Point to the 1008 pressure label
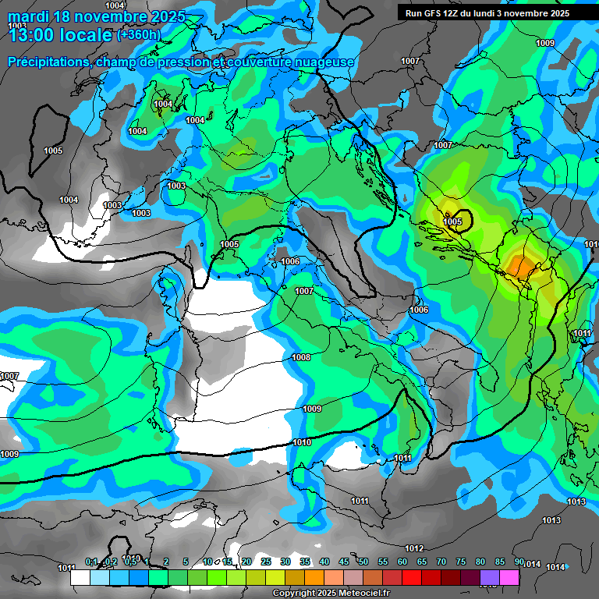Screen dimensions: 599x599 301,357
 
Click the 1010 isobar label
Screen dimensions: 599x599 303,442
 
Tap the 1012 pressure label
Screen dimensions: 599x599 414,548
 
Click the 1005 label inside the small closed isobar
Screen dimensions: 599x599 452,222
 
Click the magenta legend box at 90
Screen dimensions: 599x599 510,577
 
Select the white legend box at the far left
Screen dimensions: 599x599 80,577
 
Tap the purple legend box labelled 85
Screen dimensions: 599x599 491,577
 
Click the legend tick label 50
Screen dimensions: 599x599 363,562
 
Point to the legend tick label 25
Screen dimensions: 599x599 266,562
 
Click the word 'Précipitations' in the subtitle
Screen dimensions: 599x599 49,62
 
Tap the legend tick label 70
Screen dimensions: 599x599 441,562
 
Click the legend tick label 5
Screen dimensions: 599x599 186,562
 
